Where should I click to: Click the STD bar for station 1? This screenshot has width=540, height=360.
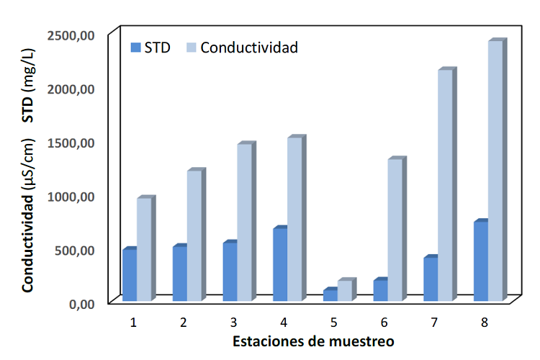coord(130,275)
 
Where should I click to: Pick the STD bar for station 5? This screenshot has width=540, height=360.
coord(330,295)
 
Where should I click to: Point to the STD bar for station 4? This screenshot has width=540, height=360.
coord(280,264)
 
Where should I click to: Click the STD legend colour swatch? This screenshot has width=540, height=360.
coord(135,48)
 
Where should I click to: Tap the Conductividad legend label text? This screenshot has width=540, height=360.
coord(249,48)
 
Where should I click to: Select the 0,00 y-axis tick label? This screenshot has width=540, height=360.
coord(80,304)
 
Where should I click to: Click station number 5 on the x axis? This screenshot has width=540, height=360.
coord(335,322)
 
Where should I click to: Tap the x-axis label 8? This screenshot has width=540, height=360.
coord(485,322)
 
